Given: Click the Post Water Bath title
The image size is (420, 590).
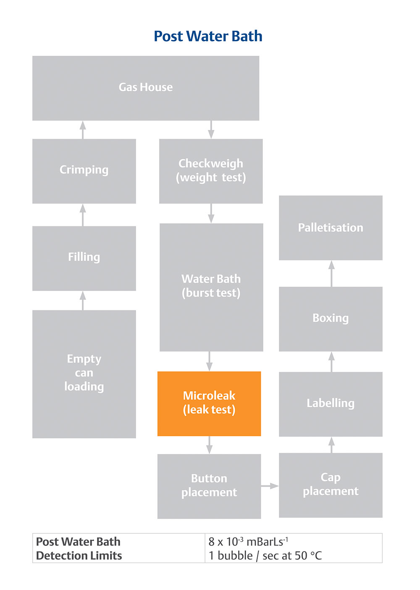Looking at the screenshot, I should [208, 37].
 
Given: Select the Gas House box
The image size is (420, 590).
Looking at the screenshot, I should [146, 88].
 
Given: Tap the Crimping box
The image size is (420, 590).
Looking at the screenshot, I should [84, 170].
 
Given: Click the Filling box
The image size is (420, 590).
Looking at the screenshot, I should [84, 258].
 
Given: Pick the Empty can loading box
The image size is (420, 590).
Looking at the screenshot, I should [84, 373].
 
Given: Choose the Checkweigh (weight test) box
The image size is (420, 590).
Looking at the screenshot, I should [211, 170].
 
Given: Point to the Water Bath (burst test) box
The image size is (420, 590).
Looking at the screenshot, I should [211, 286].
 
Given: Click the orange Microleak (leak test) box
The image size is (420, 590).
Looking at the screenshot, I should [209, 403].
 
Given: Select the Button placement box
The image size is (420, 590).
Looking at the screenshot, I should [209, 486].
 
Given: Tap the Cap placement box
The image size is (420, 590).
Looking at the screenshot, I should [331, 485].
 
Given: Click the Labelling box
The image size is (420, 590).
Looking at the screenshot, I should [331, 404].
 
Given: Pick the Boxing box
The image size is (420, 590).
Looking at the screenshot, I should [331, 318].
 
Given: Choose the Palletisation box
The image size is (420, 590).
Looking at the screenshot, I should [331, 228].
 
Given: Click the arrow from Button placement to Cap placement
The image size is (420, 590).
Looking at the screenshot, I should [270, 486].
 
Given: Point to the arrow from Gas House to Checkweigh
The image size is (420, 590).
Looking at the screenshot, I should [211, 129].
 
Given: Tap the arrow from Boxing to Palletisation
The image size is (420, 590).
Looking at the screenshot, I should [331, 273].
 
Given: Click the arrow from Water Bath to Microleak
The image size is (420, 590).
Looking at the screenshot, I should [209, 361].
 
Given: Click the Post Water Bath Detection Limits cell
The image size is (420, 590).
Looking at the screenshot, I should [79, 548].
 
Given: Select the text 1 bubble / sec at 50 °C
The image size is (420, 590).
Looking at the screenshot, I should [265, 556].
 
